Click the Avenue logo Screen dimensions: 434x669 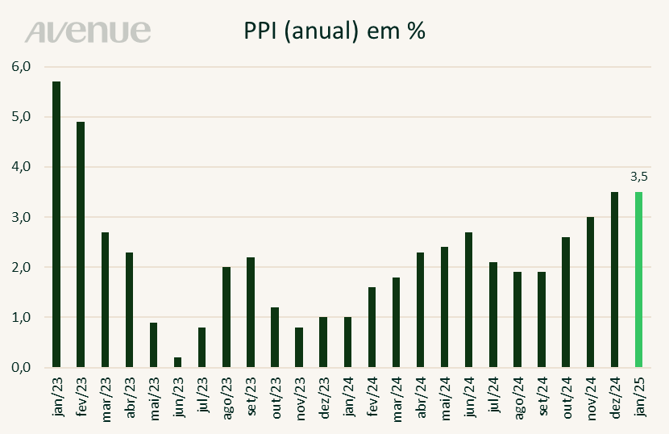pyautogui.click(x=88, y=31)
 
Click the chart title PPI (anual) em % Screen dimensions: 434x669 pyautogui.click(x=334, y=31)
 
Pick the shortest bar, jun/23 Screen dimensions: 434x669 pyautogui.click(x=177, y=362)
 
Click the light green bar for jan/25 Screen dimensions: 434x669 pyautogui.click(x=639, y=279)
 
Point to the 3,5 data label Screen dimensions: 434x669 pyautogui.click(x=639, y=174)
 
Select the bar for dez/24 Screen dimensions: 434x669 pyautogui.click(x=615, y=279)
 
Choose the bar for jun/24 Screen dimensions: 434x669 pyautogui.click(x=469, y=299)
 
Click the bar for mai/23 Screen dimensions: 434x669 pyautogui.click(x=153, y=344)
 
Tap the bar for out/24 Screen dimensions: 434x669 pyautogui.click(x=567, y=302)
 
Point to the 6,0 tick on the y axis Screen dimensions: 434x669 pyautogui.click(x=20, y=66)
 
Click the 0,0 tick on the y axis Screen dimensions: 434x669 pyautogui.click(x=20, y=367)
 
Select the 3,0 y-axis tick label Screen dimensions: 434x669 pyautogui.click(x=20, y=217)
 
